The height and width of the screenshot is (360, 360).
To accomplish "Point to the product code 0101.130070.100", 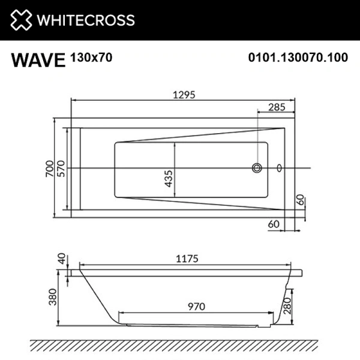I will pyautogui.click(x=298, y=58).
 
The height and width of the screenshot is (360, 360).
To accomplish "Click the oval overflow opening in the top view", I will pyautogui.click(x=279, y=169).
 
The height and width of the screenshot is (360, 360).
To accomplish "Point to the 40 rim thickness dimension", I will pyautogui.click(x=62, y=259).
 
